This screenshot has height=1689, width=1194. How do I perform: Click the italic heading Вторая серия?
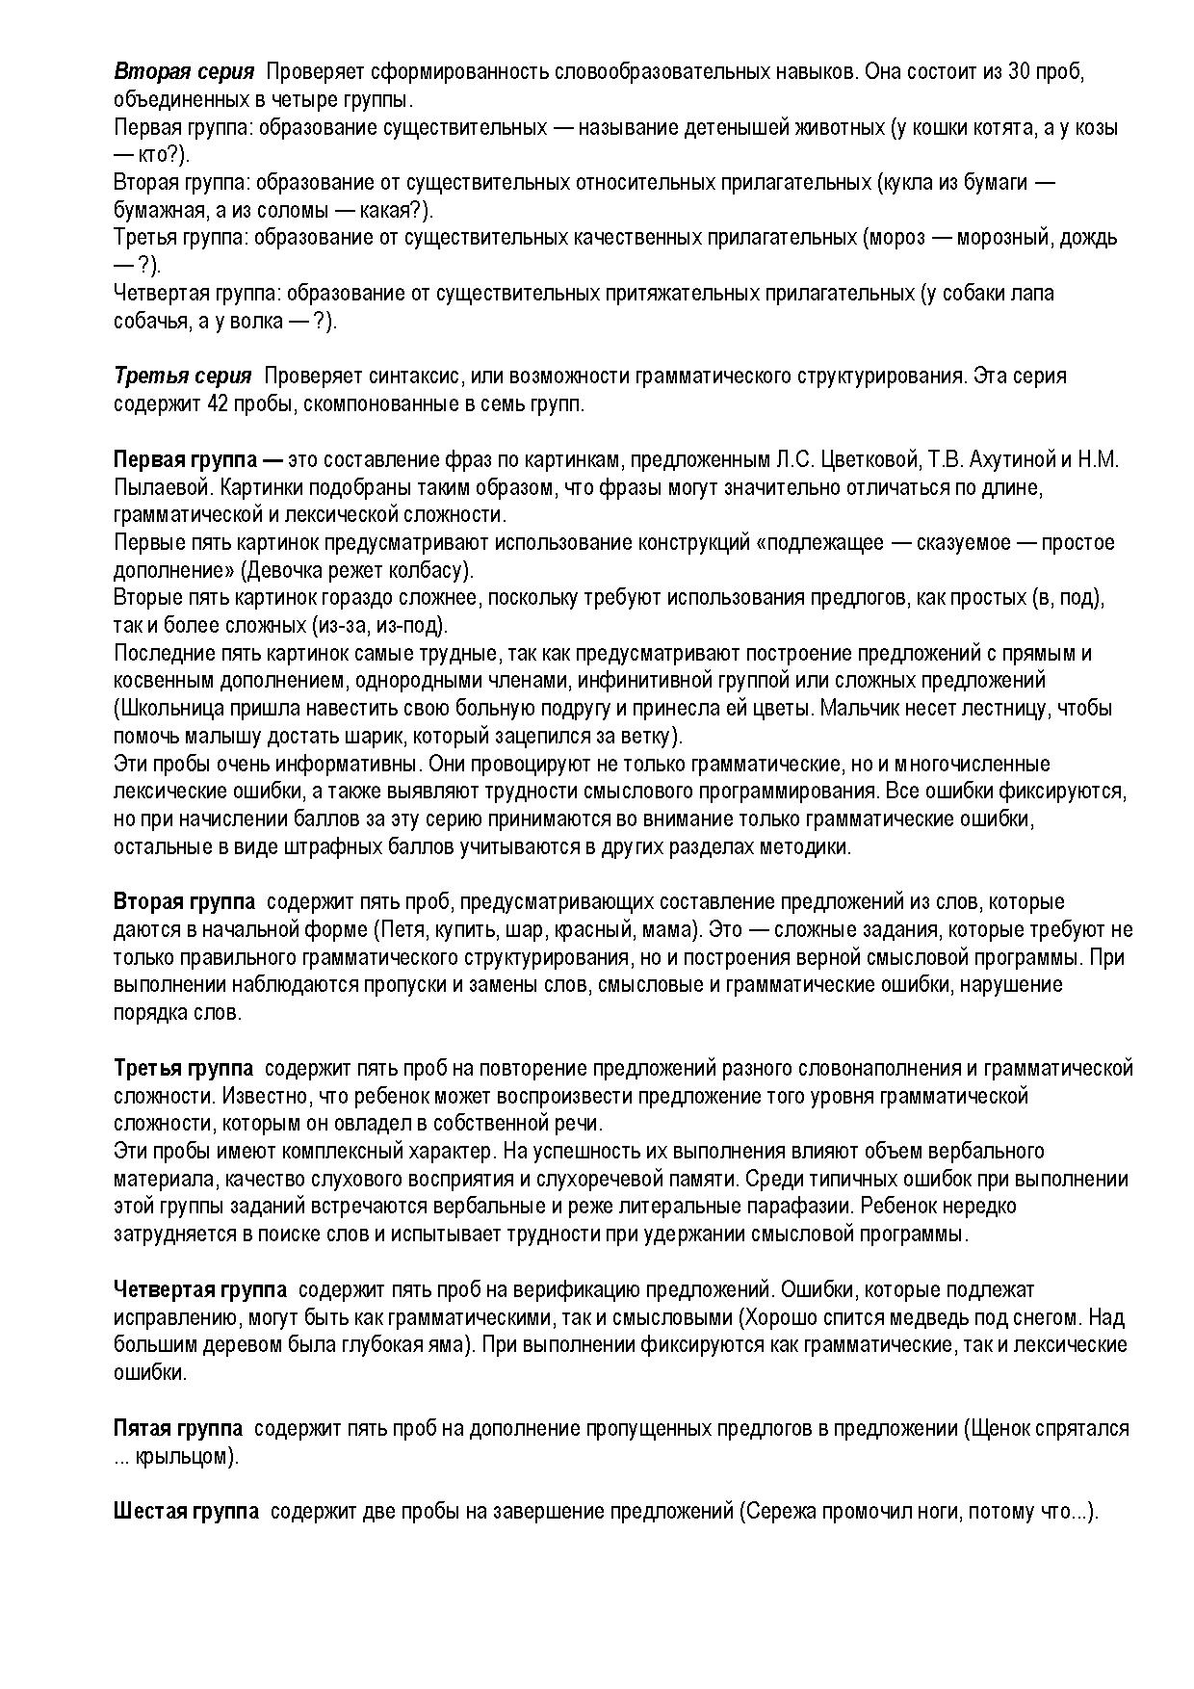click(184, 72)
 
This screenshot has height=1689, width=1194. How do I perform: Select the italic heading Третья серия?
click(183, 376)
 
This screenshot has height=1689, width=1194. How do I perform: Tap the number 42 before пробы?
click(217, 403)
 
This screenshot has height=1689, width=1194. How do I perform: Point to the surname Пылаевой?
click(157, 487)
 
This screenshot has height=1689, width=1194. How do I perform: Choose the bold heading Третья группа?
click(183, 1069)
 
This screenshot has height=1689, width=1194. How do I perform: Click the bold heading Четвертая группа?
click(199, 1290)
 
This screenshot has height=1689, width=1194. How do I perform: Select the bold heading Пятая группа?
click(177, 1429)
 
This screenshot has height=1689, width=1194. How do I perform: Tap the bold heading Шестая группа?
click(186, 1512)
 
